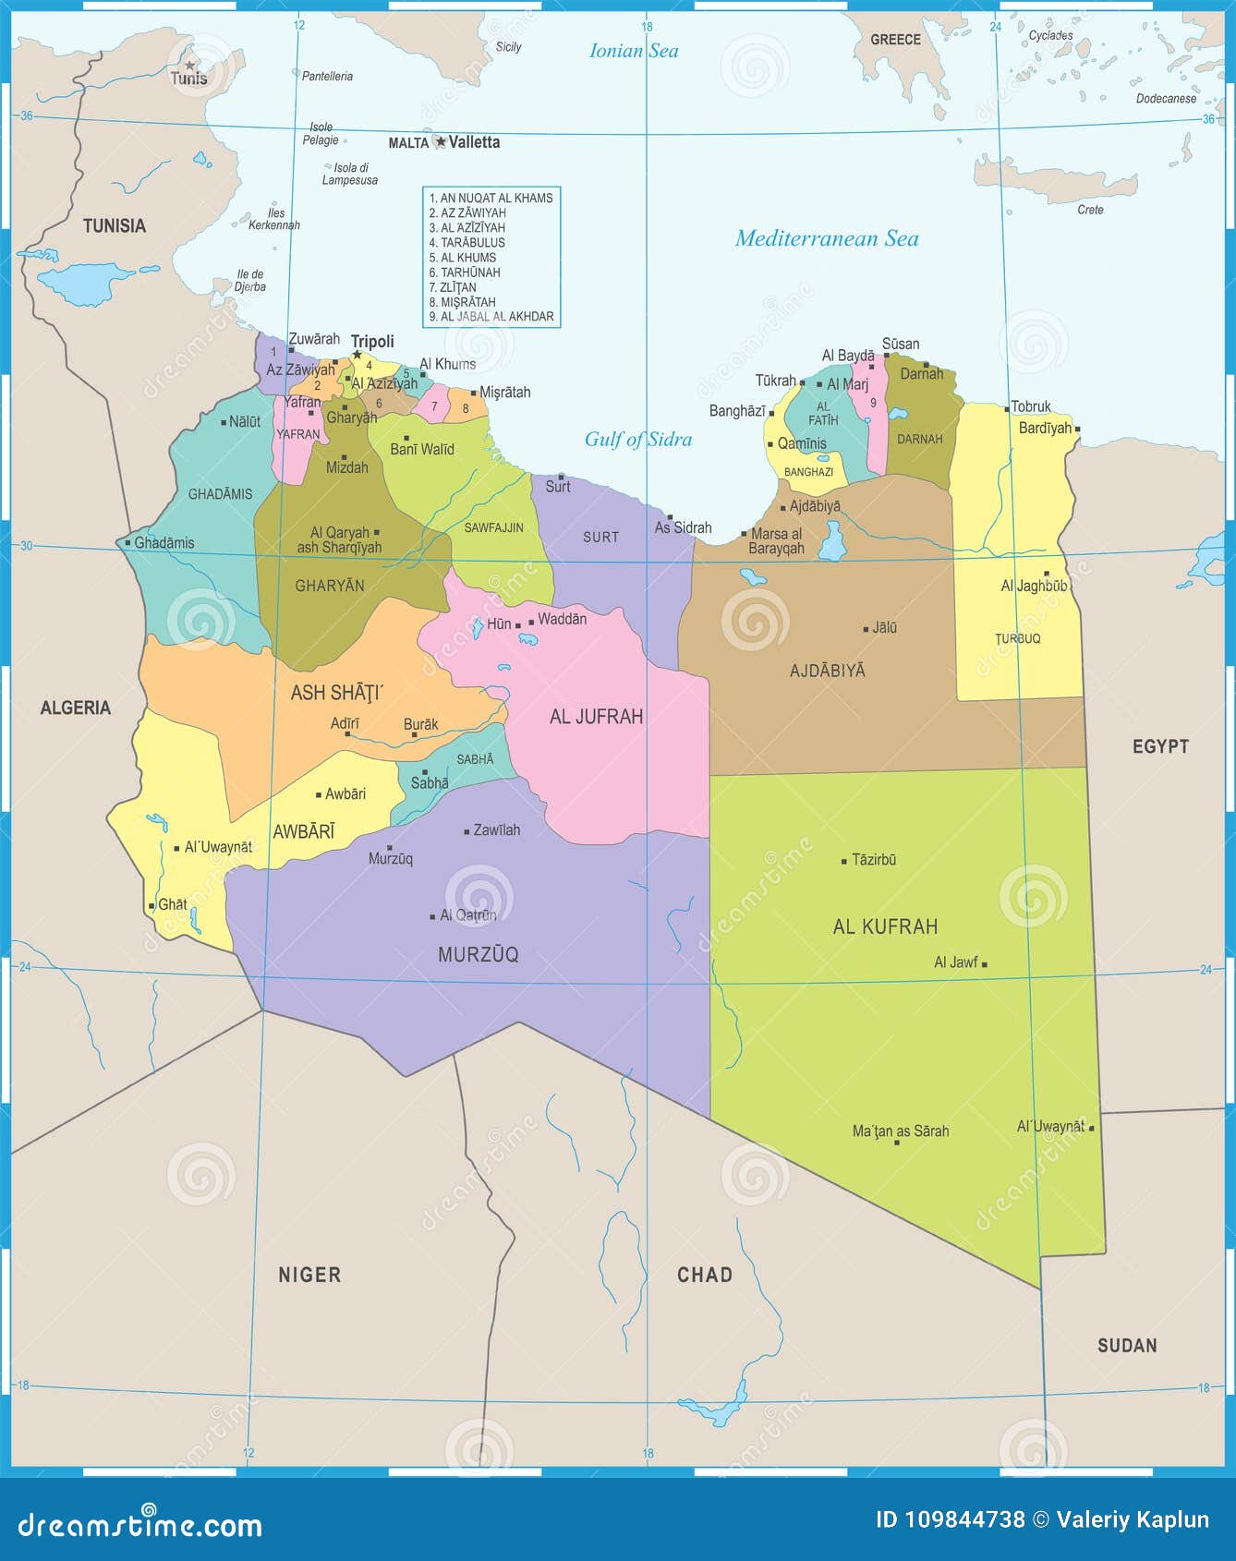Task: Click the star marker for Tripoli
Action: (357, 354)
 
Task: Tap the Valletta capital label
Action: (474, 142)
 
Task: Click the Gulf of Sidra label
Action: (638, 440)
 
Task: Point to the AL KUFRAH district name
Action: (885, 926)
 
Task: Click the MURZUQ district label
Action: (478, 954)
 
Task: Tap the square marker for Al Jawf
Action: (985, 964)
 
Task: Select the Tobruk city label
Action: (1031, 406)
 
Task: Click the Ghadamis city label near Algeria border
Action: (164, 543)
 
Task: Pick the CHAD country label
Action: (704, 1275)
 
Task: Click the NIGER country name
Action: (309, 1275)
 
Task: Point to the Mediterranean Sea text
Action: (827, 238)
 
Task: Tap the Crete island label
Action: (1090, 210)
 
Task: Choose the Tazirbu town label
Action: (874, 860)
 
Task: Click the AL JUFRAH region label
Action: (596, 717)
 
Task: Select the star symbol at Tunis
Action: (189, 65)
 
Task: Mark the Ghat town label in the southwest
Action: (173, 904)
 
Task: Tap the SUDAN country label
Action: (1126, 1346)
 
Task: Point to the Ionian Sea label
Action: (634, 51)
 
